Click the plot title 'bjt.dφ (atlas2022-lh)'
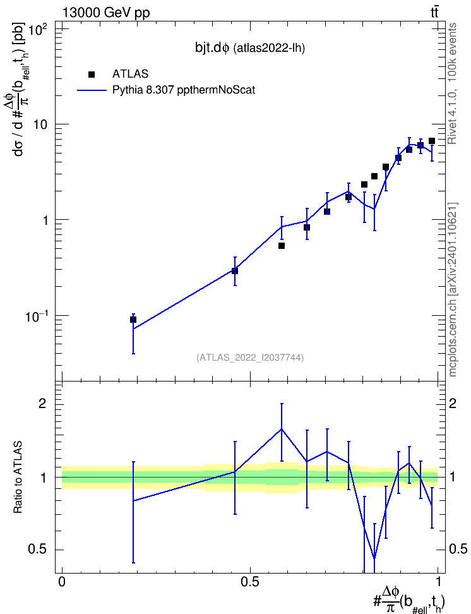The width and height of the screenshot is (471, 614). tap(250, 48)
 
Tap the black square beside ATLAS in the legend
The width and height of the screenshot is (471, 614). tap(92, 75)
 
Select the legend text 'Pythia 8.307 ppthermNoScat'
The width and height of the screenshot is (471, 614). tap(184, 90)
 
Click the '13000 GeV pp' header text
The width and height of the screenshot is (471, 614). tap(106, 13)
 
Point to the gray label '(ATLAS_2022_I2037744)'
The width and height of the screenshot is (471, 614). tap(250, 357)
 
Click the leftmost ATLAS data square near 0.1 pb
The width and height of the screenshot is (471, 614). tap(133, 320)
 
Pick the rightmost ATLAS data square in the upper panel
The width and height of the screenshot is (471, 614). tap(431, 141)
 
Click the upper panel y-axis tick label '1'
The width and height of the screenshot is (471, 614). tap(45, 220)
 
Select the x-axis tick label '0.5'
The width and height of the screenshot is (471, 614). tap(250, 582)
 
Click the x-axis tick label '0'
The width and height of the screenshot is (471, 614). tap(63, 582)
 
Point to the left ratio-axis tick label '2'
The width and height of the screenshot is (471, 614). tap(43, 403)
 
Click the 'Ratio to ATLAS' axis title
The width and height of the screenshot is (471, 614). tap(18, 478)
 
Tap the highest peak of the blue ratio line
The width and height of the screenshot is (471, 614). tap(281, 429)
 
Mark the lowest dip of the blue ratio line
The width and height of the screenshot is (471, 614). tap(374, 558)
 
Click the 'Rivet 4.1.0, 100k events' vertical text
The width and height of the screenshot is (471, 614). tap(452, 83)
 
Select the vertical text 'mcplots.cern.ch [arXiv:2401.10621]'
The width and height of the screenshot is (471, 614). tap(453, 289)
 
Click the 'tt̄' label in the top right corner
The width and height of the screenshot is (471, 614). tap(434, 13)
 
